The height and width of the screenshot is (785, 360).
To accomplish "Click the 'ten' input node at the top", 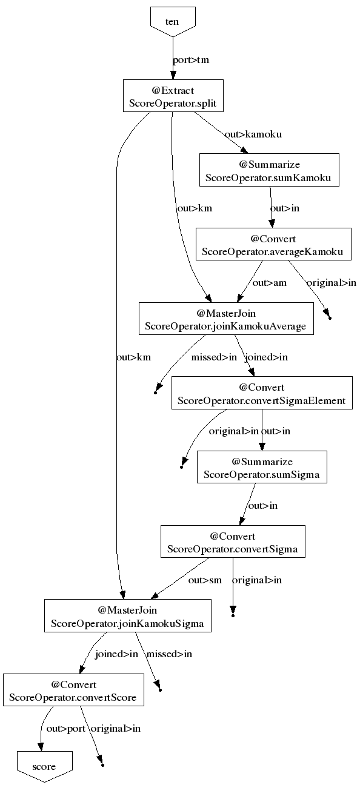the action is [173, 21].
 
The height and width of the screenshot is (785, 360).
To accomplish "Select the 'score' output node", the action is [45, 766].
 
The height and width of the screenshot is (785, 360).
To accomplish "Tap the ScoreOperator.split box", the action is [173, 96].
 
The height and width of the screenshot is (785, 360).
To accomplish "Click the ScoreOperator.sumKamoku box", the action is [269, 170].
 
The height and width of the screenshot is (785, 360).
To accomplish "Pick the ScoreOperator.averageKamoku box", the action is [273, 244].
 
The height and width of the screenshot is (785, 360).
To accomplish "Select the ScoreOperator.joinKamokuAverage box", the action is [226, 319].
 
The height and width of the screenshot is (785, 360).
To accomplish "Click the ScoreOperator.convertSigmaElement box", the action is [262, 393].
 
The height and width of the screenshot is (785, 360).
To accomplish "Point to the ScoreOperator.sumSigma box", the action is [262, 467].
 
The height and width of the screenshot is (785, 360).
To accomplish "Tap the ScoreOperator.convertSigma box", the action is [233, 542].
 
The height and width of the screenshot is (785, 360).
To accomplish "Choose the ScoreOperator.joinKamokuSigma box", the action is [128, 616].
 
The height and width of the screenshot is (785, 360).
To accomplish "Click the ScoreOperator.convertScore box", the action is [73, 690].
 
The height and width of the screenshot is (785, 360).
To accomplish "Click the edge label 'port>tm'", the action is [191, 60].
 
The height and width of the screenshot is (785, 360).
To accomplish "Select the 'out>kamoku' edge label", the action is [253, 134].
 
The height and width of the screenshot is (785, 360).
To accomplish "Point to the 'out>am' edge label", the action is [270, 283].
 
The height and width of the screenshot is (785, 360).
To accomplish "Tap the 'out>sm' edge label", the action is [205, 580].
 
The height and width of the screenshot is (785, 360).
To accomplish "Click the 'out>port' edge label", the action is [66, 729].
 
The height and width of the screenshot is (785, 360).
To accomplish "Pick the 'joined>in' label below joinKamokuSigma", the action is [116, 654].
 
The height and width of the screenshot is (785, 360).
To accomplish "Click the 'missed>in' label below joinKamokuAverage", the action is [214, 357].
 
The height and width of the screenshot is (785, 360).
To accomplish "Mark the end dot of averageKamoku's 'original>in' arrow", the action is [330, 318].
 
